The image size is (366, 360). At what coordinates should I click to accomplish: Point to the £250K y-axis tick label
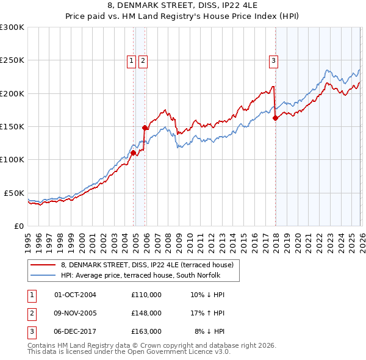click(x=12, y=60)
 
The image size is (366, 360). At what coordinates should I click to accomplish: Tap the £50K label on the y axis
click(x=14, y=193)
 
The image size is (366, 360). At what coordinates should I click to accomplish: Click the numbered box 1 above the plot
click(x=131, y=60)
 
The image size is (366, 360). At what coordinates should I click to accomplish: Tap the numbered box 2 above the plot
click(x=142, y=60)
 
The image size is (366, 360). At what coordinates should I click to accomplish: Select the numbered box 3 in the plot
click(x=274, y=60)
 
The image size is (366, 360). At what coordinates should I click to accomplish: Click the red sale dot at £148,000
click(x=145, y=128)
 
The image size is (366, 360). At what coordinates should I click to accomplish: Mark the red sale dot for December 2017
click(x=275, y=118)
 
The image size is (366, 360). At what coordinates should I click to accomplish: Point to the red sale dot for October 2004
click(x=133, y=153)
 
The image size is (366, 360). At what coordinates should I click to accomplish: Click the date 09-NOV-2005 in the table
click(x=75, y=313)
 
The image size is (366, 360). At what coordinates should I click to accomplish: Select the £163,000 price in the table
click(x=146, y=331)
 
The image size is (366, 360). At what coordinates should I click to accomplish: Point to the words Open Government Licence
click(x=176, y=352)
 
